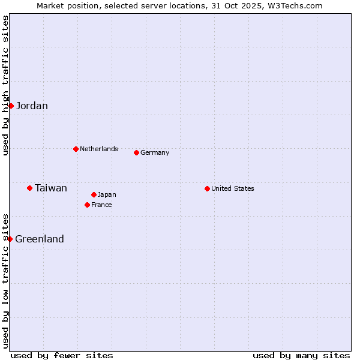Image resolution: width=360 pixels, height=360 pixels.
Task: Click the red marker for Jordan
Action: (11, 106)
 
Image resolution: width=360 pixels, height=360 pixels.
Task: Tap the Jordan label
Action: (32, 106)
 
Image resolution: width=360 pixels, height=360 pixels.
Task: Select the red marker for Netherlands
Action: (76, 149)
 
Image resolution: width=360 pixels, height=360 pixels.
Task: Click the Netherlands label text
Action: (98, 149)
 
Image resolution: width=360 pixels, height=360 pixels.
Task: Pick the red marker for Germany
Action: (136, 152)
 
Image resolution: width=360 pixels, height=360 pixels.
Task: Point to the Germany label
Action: (155, 152)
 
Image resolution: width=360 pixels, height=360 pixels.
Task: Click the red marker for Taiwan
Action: (29, 188)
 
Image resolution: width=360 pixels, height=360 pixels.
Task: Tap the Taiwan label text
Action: (51, 188)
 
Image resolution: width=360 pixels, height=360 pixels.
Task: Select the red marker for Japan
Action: (94, 194)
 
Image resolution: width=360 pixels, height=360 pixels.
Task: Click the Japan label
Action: (107, 194)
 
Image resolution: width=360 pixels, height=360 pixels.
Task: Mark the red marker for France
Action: (87, 205)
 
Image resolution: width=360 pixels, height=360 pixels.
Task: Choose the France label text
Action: (101, 205)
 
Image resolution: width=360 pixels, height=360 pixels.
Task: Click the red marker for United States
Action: (207, 188)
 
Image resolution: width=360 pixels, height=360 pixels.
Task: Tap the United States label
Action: (233, 188)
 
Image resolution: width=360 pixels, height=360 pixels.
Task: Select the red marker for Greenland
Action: (10, 239)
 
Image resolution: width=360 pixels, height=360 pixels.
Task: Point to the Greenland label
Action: (40, 239)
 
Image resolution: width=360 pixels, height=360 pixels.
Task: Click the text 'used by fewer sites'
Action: (62, 355)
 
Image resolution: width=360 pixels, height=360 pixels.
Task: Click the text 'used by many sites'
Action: (301, 355)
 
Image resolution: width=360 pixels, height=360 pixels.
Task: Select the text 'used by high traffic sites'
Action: (5, 85)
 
